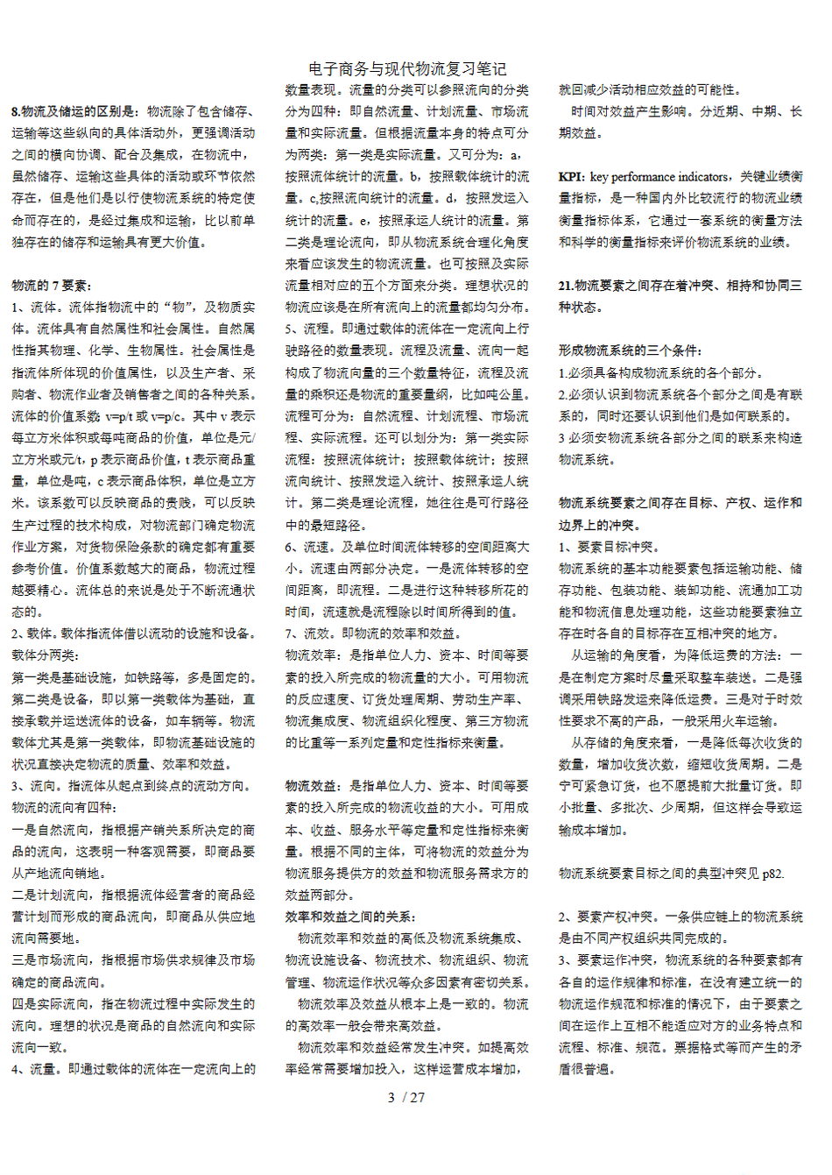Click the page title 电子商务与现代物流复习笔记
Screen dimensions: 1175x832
407,69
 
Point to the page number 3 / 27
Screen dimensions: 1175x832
406,1097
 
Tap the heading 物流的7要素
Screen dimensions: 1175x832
52,286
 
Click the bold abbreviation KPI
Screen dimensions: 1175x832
572,177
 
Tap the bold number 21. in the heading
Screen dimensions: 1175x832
567,286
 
